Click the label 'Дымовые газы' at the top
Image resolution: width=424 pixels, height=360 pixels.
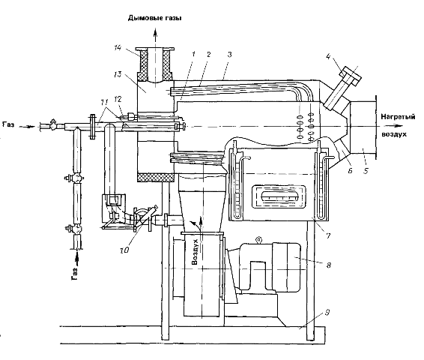coord(154,18)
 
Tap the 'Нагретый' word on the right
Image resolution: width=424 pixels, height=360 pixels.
coord(398,117)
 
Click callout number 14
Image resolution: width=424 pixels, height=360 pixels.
coord(117,48)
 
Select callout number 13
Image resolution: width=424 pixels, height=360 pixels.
coord(118,74)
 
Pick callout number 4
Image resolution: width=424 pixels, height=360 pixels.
coord(328,57)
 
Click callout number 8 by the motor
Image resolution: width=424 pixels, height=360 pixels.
coord(329,265)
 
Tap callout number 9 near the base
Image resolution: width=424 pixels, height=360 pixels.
coord(327,313)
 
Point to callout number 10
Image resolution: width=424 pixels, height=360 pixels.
coord(124,250)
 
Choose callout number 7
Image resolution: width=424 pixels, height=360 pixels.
coord(328,235)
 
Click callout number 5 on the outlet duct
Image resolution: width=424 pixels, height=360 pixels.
coord(366,171)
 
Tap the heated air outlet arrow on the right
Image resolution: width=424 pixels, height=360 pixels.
coord(394,126)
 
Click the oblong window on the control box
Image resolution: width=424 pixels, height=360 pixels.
coord(279,196)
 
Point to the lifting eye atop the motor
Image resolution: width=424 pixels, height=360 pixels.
coord(258,239)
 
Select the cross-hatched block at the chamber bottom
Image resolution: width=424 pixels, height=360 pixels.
coord(156,178)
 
